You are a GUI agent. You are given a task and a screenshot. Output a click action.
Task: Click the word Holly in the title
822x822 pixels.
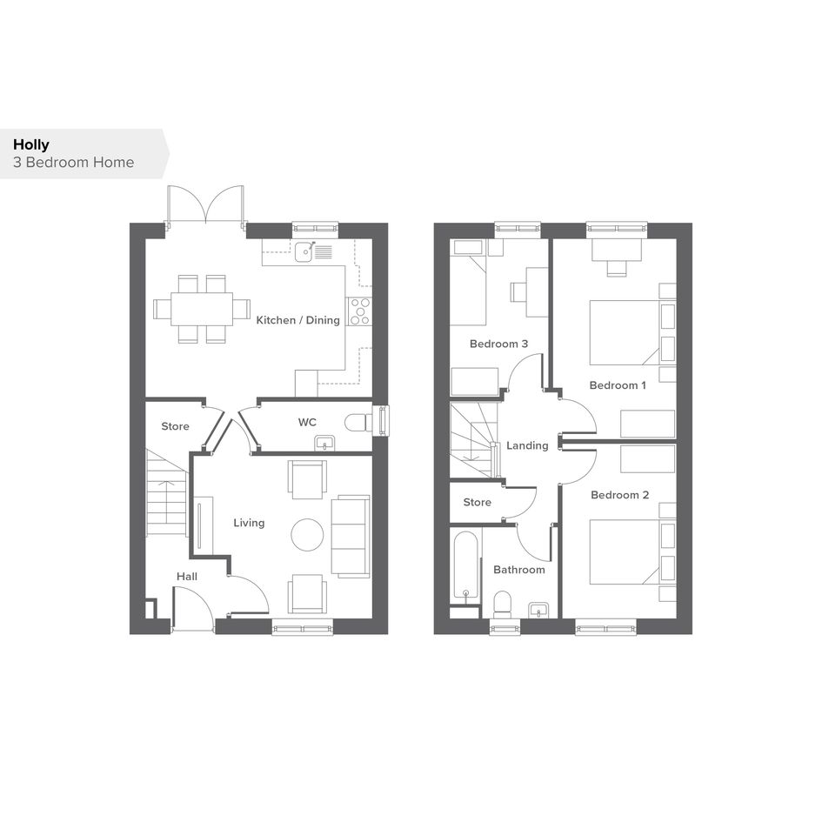pos(31,144)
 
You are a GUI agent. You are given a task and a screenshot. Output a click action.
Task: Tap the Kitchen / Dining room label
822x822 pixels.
pos(297,320)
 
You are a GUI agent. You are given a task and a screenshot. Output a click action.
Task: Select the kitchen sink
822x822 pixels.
pos(304,251)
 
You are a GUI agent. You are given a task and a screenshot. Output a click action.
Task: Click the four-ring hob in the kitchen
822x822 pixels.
pos(359,311)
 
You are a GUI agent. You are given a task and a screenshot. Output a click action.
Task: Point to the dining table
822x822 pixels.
pos(202,310)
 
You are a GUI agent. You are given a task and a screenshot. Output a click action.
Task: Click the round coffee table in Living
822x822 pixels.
pos(307,534)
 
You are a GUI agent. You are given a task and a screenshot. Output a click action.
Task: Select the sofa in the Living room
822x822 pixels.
pos(351,537)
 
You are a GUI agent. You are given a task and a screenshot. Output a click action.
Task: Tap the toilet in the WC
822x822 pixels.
pos(358,423)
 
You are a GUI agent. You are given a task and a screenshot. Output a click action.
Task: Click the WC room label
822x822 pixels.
pos(307,422)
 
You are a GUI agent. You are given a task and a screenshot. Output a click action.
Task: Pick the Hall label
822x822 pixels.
pos(187,577)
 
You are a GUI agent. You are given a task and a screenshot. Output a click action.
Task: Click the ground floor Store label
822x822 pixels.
pos(175,426)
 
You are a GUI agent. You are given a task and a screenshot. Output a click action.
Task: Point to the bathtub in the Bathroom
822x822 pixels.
pos(465,566)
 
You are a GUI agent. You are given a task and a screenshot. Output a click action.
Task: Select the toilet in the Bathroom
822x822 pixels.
pos(503,604)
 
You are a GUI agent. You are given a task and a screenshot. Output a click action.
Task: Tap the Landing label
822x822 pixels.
pos(527,445)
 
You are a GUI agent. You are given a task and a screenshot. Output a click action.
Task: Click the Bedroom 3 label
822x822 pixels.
pos(498,344)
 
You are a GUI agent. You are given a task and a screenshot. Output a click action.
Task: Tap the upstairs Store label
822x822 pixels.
pos(477,502)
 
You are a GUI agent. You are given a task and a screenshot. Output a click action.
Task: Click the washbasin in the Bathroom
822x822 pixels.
pos(538,611)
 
